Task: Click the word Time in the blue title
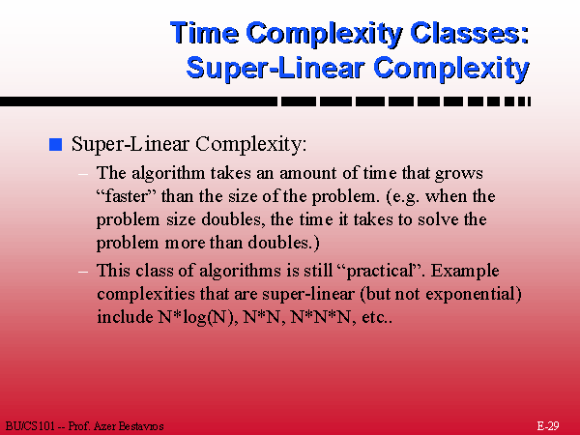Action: pyautogui.click(x=205, y=33)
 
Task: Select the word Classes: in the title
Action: pyautogui.click(x=470, y=33)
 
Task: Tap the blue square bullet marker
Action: pyautogui.click(x=55, y=144)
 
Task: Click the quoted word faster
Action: pyautogui.click(x=127, y=196)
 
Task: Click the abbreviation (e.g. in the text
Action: pyautogui.click(x=403, y=197)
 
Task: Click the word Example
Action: pyautogui.click(x=465, y=271)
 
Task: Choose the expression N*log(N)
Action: pyautogui.click(x=198, y=318)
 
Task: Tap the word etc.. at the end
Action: pyautogui.click(x=377, y=318)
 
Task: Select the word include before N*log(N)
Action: pyautogui.click(x=125, y=317)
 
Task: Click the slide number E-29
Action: pyautogui.click(x=548, y=426)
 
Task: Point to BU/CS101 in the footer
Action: pyautogui.click(x=30, y=426)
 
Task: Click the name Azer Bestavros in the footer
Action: pyautogui.click(x=129, y=426)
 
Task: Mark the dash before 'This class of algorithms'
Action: pyautogui.click(x=83, y=272)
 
